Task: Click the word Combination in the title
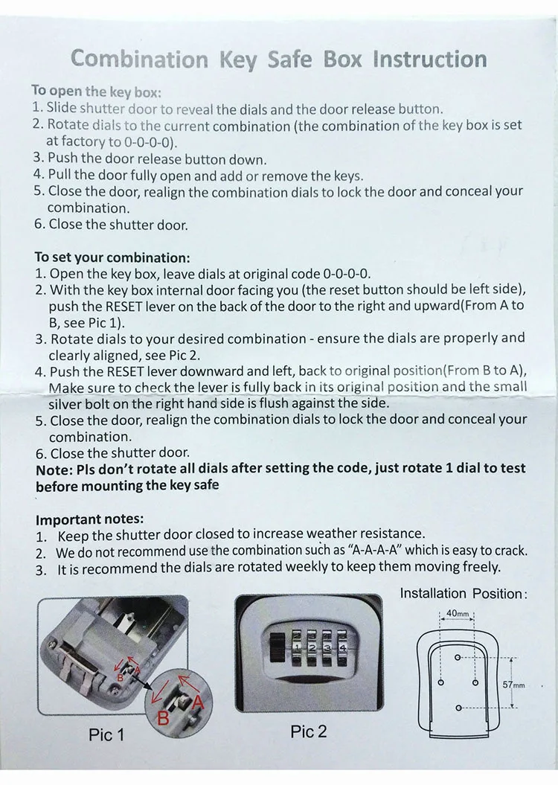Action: coord(139,60)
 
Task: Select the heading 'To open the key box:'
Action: coord(96,92)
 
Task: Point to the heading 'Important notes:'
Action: coord(90,519)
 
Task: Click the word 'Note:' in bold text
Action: coord(54,469)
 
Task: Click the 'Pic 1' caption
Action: coord(106,735)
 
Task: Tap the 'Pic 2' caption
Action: coord(308,731)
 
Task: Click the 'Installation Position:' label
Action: coord(463,594)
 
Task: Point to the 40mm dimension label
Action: coord(457,615)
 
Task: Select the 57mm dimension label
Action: coord(513,685)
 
